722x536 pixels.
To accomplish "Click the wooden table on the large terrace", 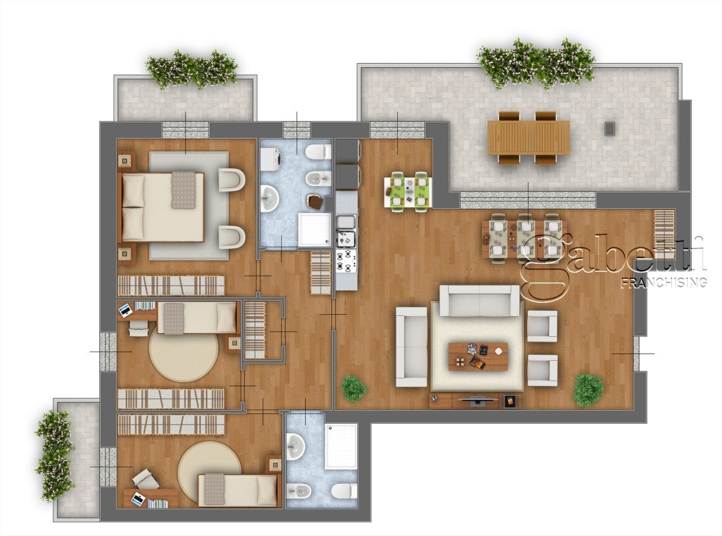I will tap(529, 138).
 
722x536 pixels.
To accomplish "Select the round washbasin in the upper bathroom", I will tap(269, 197).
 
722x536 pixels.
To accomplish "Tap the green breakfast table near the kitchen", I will tap(408, 192).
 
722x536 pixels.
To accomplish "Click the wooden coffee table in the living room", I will tap(478, 356).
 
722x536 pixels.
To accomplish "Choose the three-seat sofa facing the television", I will tap(479, 300).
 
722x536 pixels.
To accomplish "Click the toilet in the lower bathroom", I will tap(344, 490).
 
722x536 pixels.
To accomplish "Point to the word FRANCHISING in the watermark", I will tap(663, 282).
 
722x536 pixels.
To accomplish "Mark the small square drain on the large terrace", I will tap(609, 129).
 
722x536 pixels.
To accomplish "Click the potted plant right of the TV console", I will tap(589, 389).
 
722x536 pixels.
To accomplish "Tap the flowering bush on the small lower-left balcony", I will tap(55, 456).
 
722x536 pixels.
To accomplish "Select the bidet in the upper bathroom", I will tap(318, 179).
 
